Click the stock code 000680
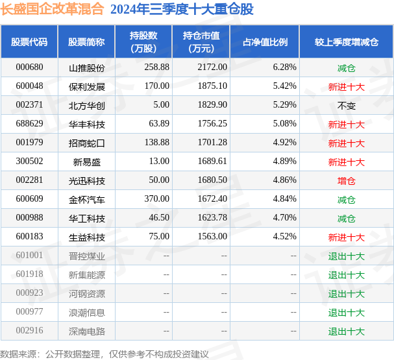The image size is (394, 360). coord(29,67)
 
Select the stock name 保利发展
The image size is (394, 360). coord(87,87)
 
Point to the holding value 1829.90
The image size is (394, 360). coord(212,104)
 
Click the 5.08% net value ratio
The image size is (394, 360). coord(285,123)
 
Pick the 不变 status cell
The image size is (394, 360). coord(346,106)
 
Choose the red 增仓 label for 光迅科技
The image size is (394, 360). coord(346,181)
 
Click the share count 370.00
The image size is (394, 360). coord(157,199)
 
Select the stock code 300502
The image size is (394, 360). coord(29,161)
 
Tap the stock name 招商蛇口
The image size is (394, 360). coord(87,143)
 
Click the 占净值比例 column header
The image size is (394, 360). coord(265,42)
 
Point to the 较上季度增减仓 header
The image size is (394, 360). coord(347,42)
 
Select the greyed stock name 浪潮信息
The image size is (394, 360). coord(87,313)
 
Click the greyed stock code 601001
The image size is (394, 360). coord(29,256)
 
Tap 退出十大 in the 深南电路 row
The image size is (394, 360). coord(346,331)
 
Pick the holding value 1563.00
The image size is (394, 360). coord(212,237)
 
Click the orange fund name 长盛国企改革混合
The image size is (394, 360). coord(52,9)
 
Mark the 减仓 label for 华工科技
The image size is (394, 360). coord(346,219)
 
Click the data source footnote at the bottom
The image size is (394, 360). coord(105,354)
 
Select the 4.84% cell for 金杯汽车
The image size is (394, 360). coord(285,199)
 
